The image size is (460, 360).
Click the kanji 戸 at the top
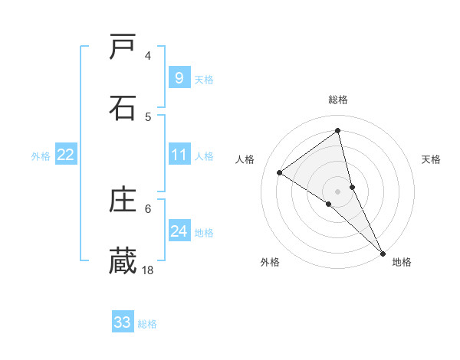[123, 47]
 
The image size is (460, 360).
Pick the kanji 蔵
[123, 260]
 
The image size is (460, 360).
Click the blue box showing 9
[179, 77]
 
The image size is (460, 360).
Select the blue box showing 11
[179, 155]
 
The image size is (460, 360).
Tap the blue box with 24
[179, 231]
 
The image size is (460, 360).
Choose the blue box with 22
[65, 155]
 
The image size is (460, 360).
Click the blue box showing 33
[123, 322]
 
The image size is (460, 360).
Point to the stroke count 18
[148, 270]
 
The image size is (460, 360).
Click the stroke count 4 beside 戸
[148, 56]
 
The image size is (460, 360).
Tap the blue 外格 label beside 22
[41, 156]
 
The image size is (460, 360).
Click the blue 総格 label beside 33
[147, 323]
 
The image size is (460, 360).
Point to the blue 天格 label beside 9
[204, 79]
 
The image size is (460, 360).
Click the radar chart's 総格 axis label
[338, 100]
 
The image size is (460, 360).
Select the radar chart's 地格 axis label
[402, 262]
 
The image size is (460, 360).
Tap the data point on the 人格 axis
[280, 172]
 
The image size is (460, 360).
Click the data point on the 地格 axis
[382, 252]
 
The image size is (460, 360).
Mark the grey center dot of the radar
[338, 191]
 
